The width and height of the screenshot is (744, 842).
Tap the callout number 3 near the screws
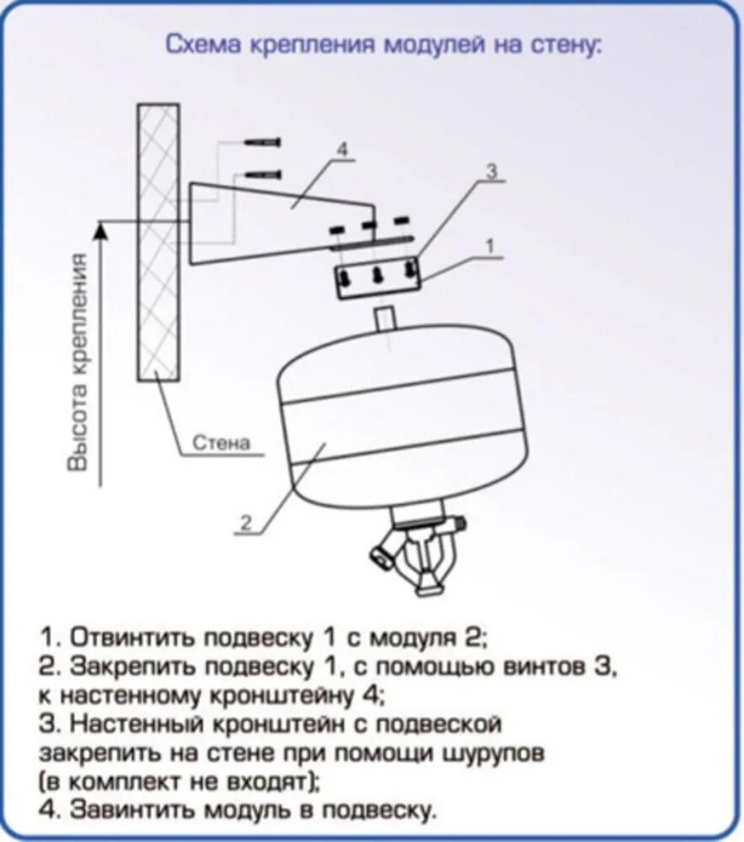(492, 172)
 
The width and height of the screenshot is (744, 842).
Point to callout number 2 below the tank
(245, 522)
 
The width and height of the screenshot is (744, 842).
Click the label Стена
(222, 443)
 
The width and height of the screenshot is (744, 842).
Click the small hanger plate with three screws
(377, 279)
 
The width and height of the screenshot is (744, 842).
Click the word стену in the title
(571, 45)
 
